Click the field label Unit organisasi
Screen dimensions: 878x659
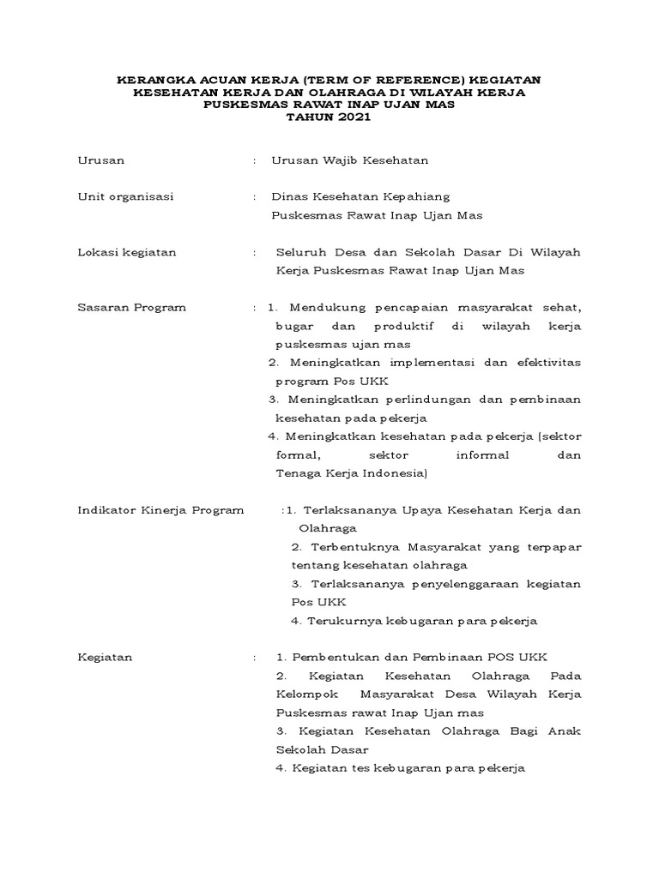125,196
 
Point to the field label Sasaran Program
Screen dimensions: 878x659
131,308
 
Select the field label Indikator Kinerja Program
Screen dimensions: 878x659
160,510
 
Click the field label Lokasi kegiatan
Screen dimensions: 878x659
127,252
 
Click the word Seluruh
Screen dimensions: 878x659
300,252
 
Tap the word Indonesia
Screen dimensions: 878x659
391,473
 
